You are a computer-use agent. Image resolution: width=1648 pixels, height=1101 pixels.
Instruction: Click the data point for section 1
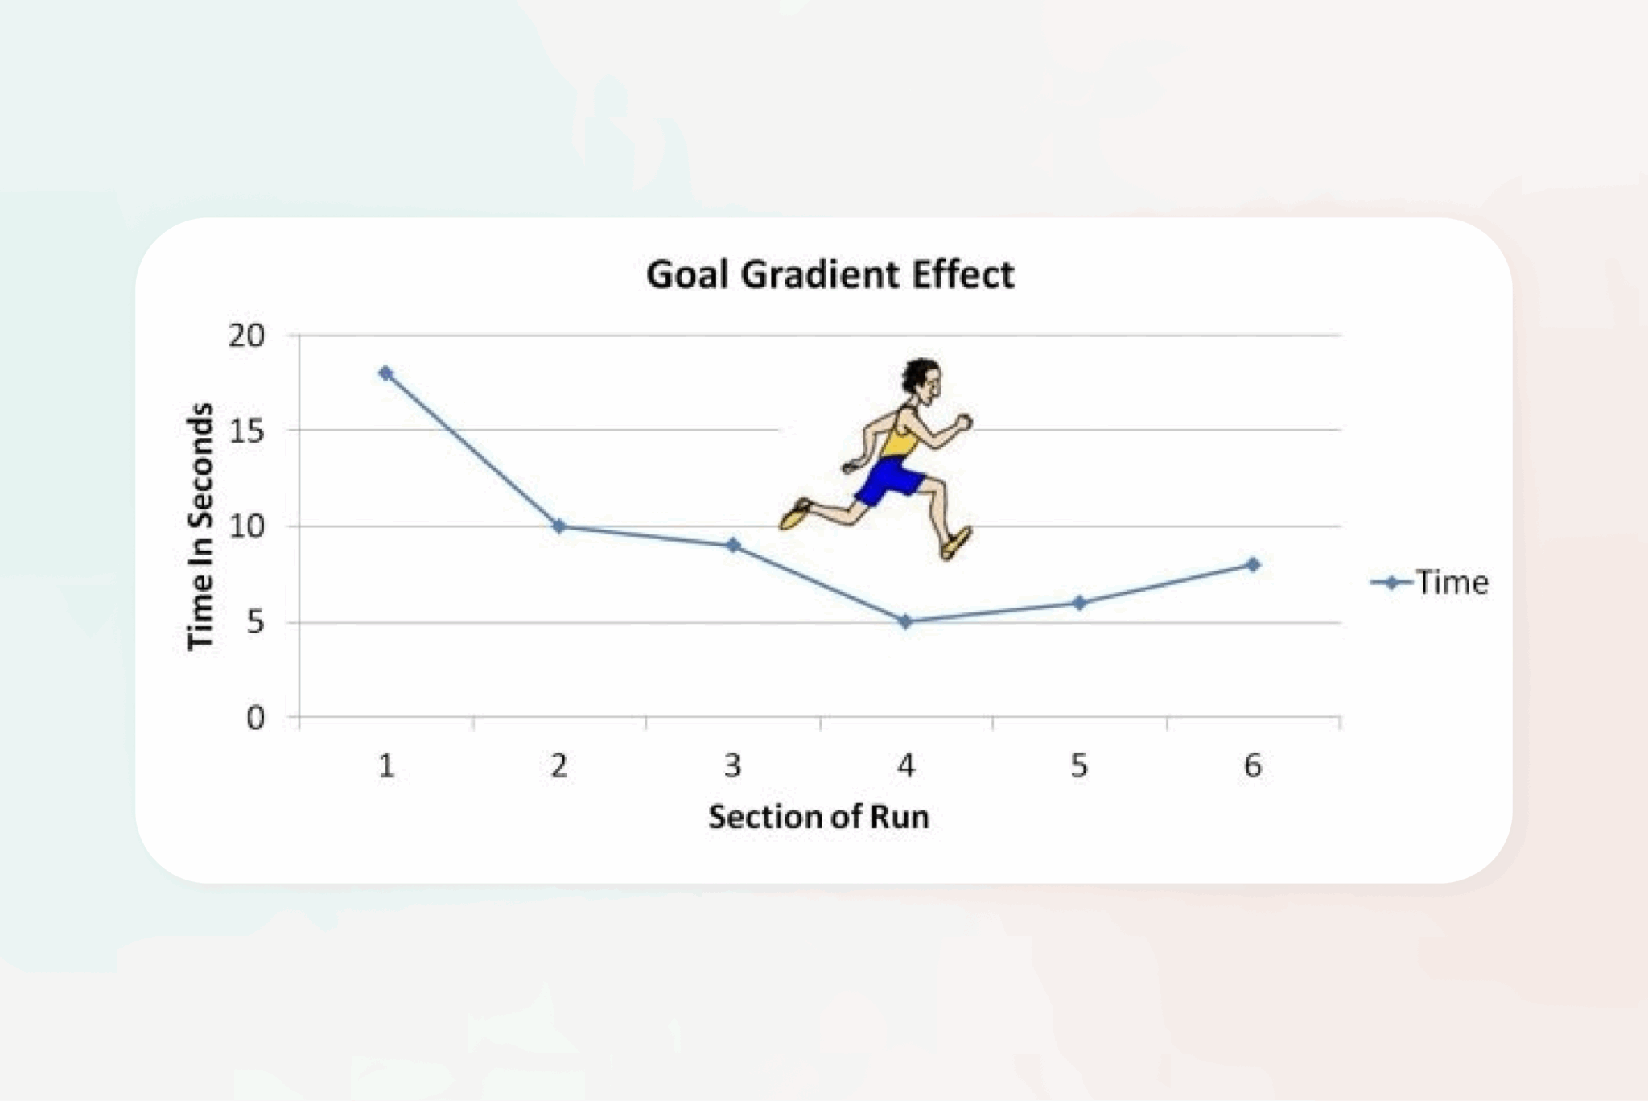(x=385, y=373)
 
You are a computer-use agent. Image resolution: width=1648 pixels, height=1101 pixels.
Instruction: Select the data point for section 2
(x=559, y=526)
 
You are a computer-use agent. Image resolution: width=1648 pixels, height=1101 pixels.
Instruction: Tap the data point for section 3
(x=733, y=545)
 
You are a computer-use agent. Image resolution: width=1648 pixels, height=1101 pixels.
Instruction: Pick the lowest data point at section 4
(x=905, y=621)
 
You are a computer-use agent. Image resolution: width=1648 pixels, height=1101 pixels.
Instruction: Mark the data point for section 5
(x=1079, y=602)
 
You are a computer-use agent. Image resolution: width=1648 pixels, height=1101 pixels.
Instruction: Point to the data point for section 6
(x=1253, y=564)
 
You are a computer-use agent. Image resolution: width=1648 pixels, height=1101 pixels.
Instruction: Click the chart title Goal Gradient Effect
(x=830, y=274)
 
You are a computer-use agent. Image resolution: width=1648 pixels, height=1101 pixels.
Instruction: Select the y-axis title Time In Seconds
(x=201, y=526)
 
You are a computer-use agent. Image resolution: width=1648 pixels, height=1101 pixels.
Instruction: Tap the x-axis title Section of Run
(x=819, y=817)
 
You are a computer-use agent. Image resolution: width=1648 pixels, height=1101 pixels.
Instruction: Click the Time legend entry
(x=1430, y=582)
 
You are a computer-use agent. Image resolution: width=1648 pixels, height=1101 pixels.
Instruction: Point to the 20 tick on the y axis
(x=246, y=336)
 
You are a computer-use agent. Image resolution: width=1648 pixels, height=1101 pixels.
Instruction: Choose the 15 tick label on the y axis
(x=246, y=431)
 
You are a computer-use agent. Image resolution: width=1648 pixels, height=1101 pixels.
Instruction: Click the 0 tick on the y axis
(x=255, y=717)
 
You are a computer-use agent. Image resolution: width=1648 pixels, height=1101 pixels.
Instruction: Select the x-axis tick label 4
(x=906, y=765)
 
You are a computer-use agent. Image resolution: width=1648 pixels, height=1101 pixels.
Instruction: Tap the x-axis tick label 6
(x=1253, y=765)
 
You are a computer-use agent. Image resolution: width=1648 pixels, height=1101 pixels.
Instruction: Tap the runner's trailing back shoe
(x=795, y=513)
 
